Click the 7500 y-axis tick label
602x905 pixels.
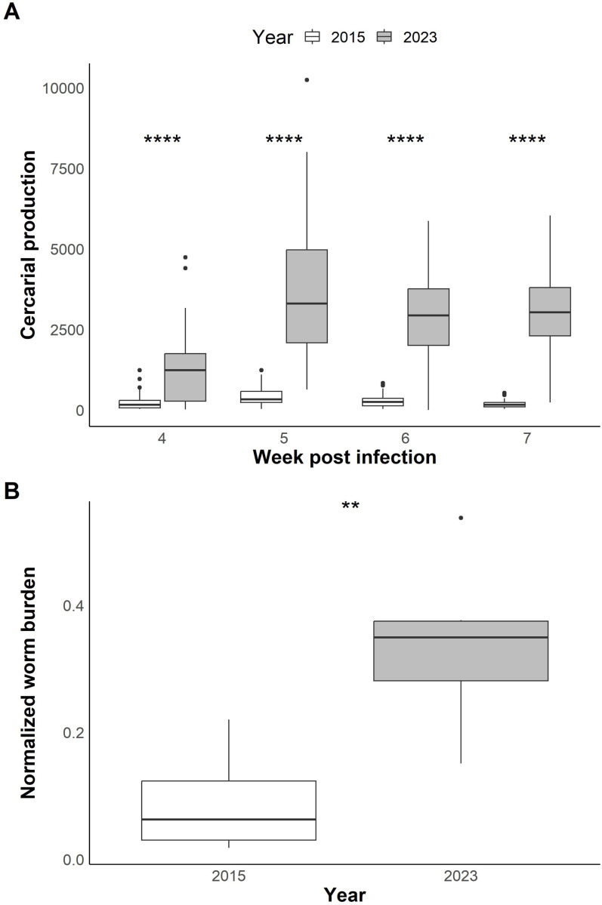63,169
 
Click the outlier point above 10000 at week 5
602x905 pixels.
307,79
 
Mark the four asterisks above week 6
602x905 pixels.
406,141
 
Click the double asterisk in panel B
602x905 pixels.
350,506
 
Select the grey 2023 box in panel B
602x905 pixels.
461,651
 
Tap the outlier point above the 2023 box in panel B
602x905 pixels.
461,518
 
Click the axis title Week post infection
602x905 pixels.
344,457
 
